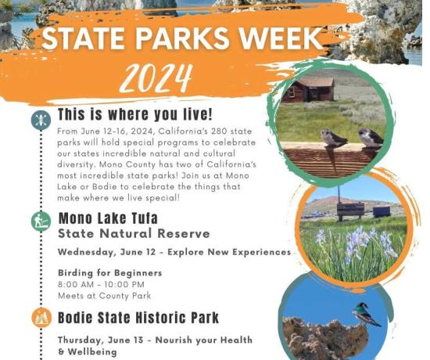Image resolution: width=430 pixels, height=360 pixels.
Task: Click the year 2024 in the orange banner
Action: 156,78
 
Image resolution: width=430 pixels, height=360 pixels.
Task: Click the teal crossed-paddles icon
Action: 41,120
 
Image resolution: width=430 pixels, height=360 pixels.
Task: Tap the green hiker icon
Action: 41,221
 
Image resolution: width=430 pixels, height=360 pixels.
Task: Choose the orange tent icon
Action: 41,318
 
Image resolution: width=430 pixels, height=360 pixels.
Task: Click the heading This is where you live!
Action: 135,114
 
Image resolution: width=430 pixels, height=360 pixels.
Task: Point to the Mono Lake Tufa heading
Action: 108,218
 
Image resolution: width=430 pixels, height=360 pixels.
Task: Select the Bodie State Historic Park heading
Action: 138,318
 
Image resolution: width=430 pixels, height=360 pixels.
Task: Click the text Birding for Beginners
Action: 110,273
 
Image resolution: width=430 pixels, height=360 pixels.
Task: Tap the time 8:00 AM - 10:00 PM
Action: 101,285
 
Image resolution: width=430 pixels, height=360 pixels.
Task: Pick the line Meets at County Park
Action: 105,296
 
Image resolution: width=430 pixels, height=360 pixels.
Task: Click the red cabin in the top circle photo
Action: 308,89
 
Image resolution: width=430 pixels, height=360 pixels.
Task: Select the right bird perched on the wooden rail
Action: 370,138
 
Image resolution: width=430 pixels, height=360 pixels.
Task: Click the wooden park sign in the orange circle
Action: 350,210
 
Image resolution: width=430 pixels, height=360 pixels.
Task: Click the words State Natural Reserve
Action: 134,234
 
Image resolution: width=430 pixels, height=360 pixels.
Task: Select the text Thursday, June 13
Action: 100,340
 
